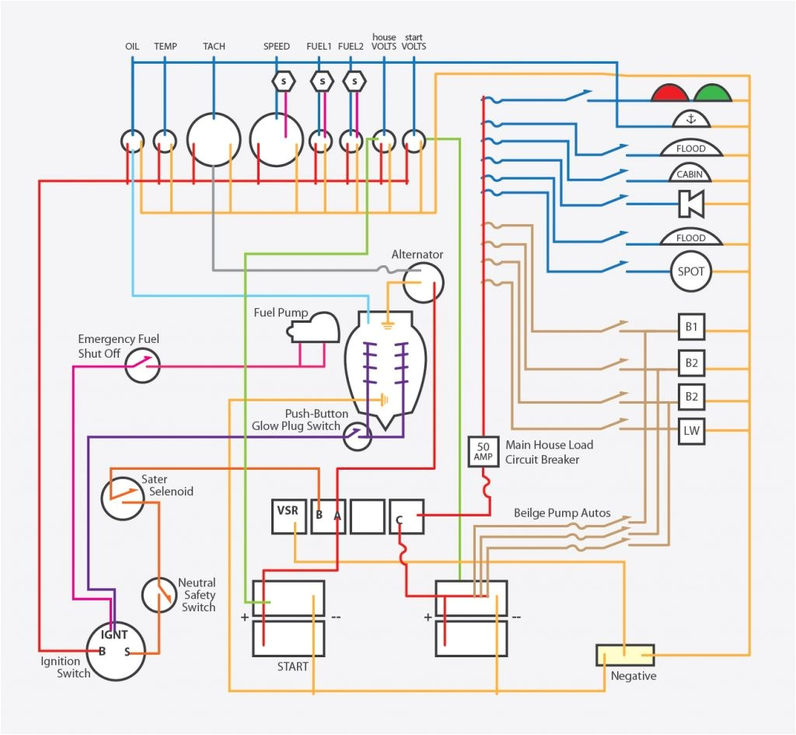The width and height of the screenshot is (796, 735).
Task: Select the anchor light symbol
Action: (x=690, y=120)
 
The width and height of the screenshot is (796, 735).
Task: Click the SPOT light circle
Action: (x=690, y=272)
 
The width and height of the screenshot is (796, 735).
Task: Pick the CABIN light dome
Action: (x=690, y=173)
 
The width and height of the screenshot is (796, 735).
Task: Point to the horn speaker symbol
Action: (x=690, y=204)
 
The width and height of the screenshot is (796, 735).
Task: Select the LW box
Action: (x=691, y=431)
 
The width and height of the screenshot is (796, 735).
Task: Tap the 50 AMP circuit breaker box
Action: (x=483, y=451)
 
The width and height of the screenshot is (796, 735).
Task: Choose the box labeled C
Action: (x=407, y=516)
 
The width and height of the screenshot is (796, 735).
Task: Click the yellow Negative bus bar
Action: (x=625, y=655)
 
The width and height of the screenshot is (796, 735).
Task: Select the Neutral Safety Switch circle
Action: (x=159, y=595)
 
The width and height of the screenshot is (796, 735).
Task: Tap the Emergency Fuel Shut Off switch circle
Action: (x=142, y=364)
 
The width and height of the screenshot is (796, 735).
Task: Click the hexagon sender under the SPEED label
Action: (x=284, y=81)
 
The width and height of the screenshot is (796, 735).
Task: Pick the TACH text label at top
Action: (x=214, y=47)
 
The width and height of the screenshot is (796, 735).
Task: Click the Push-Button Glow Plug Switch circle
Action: (x=358, y=436)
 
